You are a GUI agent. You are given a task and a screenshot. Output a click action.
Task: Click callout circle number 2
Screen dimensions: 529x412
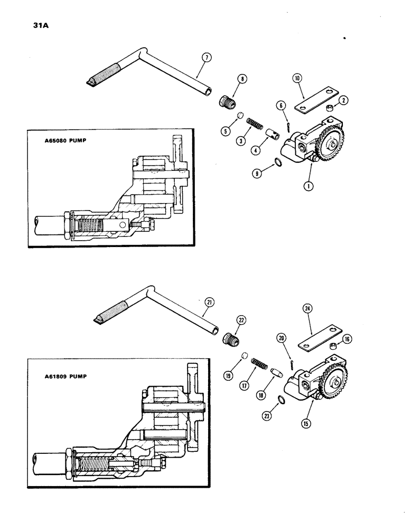342,100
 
